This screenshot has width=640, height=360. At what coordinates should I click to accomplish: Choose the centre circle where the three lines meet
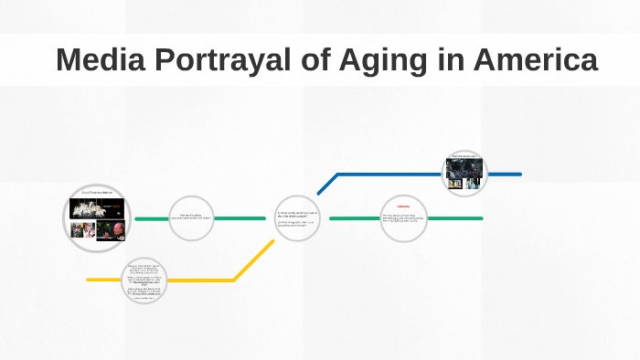(298, 219)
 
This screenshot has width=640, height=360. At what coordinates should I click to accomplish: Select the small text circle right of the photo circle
(192, 218)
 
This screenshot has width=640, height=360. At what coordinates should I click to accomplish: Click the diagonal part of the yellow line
(253, 261)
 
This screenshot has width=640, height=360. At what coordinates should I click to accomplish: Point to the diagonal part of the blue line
(327, 184)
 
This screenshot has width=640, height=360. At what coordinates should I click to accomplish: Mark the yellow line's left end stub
(101, 280)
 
